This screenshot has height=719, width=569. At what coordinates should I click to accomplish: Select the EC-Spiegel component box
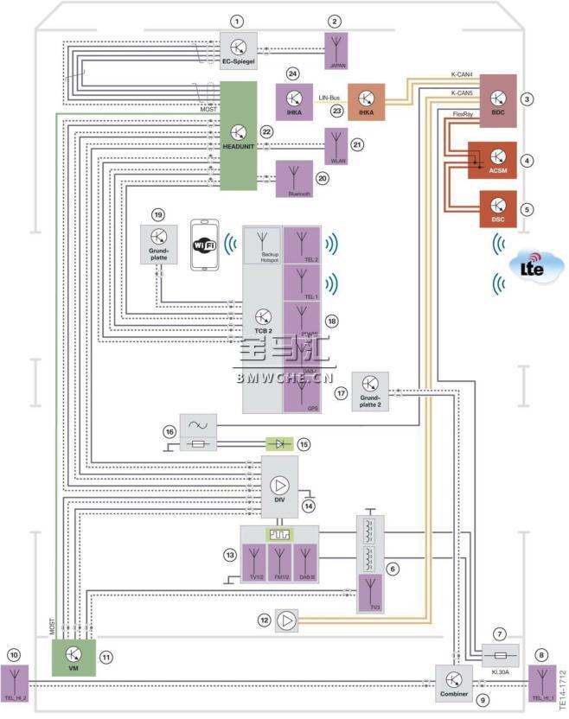pos(238,49)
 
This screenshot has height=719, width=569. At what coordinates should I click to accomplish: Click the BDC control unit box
pos(497,100)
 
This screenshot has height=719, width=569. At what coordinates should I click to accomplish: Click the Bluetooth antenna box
pos(295,180)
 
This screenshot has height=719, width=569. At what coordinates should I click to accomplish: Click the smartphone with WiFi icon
pos(204,248)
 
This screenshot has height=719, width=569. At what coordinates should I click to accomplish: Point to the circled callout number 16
pos(169,429)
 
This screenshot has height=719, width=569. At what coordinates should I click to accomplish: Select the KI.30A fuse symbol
pos(498,653)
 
